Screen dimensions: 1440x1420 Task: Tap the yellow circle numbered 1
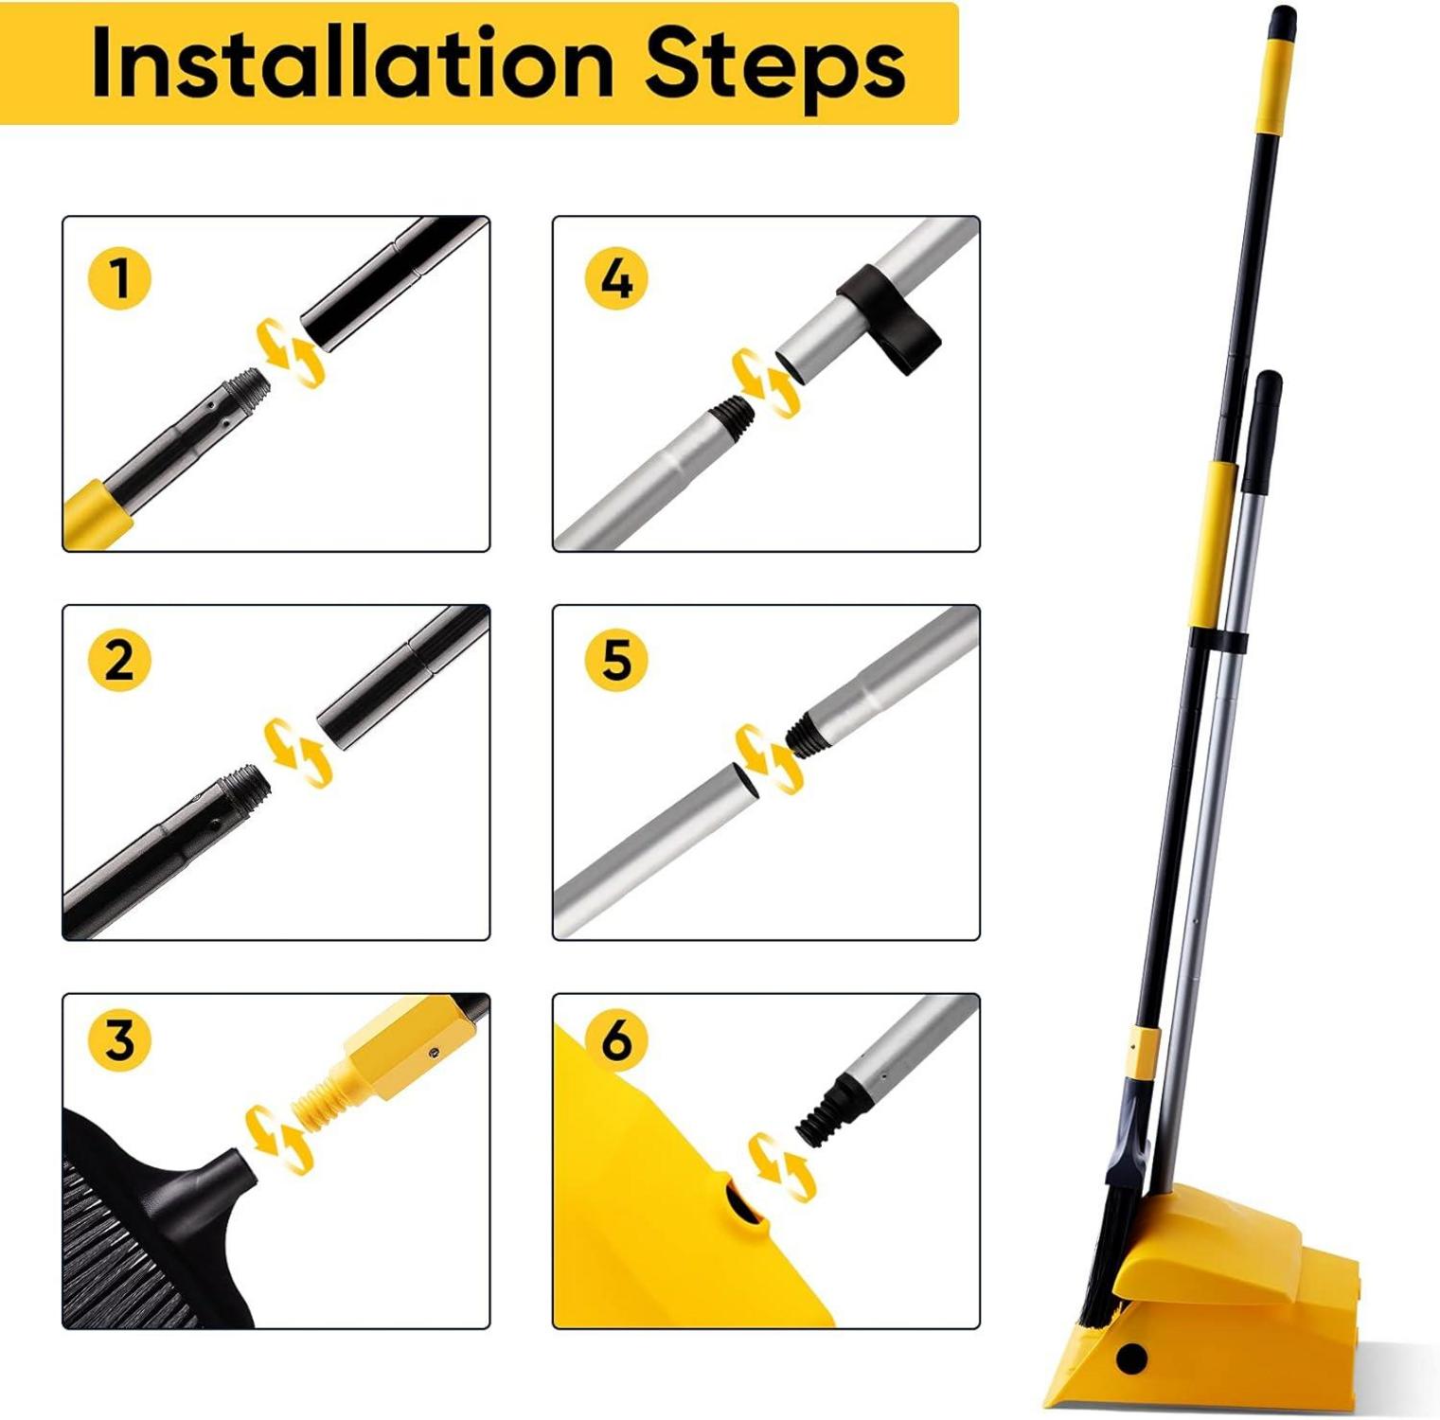point(119,278)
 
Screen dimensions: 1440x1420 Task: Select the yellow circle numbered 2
point(119,659)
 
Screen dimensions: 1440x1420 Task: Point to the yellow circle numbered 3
point(119,1040)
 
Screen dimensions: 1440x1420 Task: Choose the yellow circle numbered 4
point(616,278)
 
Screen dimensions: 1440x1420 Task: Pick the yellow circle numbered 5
point(616,659)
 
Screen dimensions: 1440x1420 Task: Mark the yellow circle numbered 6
point(616,1040)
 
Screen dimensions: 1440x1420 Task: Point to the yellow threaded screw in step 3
point(326,1103)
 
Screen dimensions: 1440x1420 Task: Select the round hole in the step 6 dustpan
point(741,1208)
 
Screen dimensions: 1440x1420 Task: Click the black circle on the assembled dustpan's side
point(1131,1358)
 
